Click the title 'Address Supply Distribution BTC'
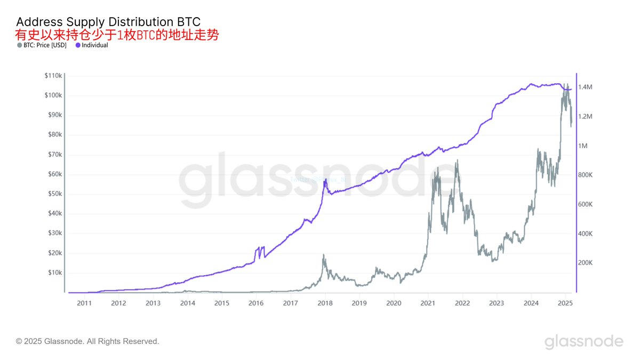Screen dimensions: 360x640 pos(108,22)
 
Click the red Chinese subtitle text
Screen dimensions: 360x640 pos(117,35)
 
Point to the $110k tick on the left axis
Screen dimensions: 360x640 pos(53,76)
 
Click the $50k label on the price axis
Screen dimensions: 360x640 pos(54,194)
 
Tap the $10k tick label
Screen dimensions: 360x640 pos(54,273)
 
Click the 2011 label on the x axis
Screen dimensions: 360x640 pos(84,303)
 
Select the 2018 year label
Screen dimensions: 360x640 pos(325,303)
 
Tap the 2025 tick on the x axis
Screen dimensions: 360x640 pos(565,303)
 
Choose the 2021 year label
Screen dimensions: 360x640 pos(428,303)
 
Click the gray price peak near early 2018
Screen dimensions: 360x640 pos(323,255)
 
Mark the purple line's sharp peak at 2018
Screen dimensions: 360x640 pos(325,180)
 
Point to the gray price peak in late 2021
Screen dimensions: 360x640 pos(457,161)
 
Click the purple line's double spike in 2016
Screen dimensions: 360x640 pos(260,249)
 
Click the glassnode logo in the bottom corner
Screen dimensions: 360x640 pos(583,341)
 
